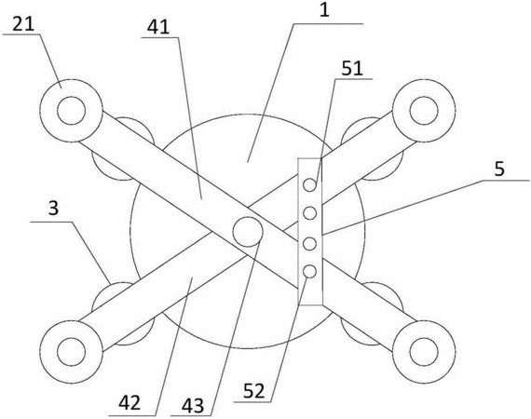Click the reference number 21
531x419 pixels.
coord(23,24)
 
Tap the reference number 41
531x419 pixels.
coord(158,27)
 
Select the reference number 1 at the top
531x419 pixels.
coord(324,10)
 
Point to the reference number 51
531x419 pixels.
coord(352,68)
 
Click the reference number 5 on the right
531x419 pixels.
coord(499,169)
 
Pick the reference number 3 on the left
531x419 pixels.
coord(53,209)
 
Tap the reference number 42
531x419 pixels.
coord(129,403)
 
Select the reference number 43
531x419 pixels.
coord(192,405)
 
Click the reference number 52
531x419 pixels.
coord(254,391)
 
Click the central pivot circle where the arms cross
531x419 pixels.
coord(248,232)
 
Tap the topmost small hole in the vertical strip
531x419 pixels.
coord(310,185)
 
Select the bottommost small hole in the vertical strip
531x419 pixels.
coord(310,272)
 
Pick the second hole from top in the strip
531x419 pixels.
coord(310,213)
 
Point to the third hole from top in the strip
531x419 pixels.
coord(310,244)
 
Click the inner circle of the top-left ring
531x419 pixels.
coord(71,111)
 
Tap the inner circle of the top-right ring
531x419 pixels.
coord(424,111)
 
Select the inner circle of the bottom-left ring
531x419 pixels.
coord(71,352)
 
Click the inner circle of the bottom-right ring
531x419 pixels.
coord(424,352)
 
